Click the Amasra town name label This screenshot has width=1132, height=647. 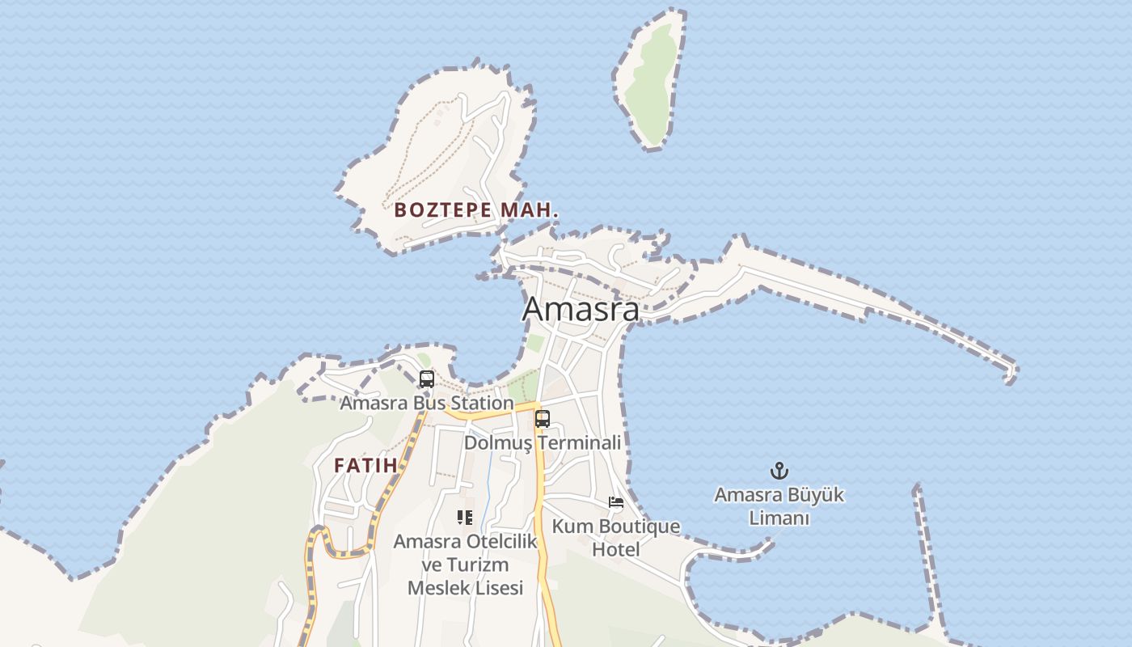click(581, 309)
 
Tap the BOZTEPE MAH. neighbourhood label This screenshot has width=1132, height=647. click(476, 210)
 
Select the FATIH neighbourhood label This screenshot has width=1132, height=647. click(365, 466)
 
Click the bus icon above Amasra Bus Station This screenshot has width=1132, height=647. click(426, 378)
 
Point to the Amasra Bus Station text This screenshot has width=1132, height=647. click(426, 403)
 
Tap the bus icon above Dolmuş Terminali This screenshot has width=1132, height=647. click(542, 419)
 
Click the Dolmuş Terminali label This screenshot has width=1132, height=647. click(542, 443)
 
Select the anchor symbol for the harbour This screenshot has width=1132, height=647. click(779, 471)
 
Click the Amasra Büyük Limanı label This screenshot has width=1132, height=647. click(779, 505)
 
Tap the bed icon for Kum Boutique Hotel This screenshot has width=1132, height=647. click(616, 502)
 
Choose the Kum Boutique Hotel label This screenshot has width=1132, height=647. click(616, 538)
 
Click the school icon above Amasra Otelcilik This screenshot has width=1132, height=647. click(465, 517)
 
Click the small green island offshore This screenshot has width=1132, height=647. click(650, 81)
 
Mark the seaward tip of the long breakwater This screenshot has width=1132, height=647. click(1010, 374)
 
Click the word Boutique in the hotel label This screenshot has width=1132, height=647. click(638, 527)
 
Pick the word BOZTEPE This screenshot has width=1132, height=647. click(442, 210)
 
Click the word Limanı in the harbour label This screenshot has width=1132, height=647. click(779, 518)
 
